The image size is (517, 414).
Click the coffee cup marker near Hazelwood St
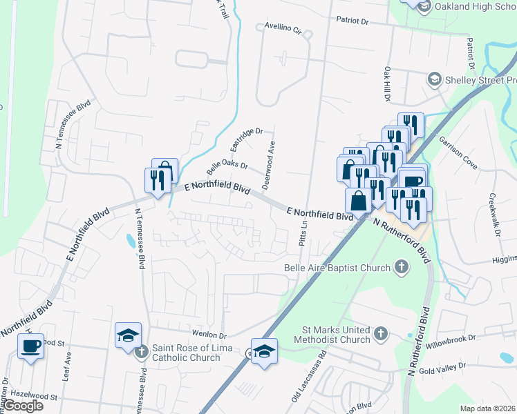(31, 346)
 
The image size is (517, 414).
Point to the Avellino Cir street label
(284, 29)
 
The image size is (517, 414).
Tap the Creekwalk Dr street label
(495, 214)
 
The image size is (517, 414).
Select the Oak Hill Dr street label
(387, 86)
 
